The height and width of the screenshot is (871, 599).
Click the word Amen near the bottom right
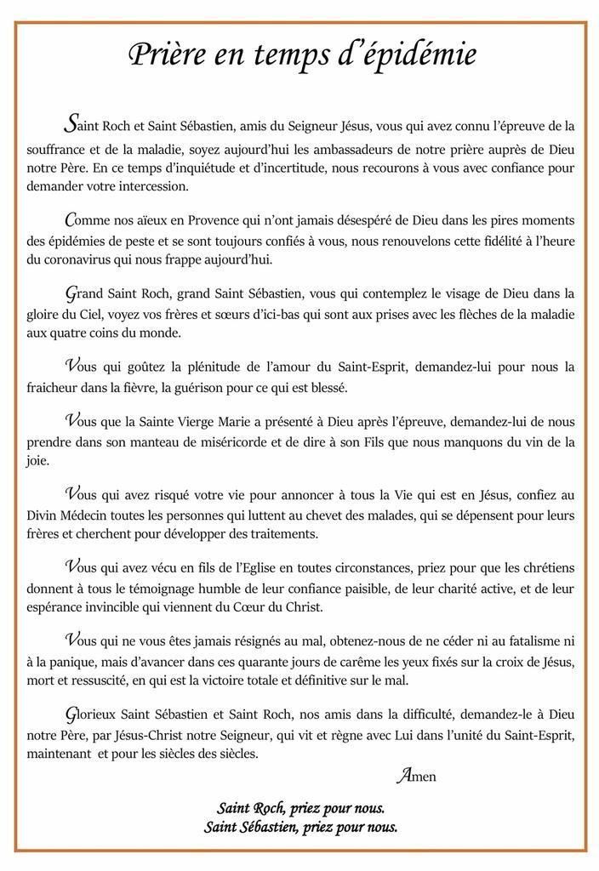pos(416,775)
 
